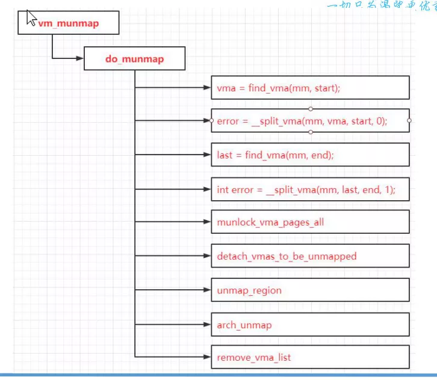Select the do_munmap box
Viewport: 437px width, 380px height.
tap(133, 59)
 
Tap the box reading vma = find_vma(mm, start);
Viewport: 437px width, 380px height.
tap(310, 88)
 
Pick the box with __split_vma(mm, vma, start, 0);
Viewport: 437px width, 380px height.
tap(310, 121)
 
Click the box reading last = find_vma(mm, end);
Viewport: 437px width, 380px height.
tap(310, 155)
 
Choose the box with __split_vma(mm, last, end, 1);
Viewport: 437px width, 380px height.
tap(310, 189)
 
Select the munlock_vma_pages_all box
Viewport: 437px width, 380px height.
tap(310, 222)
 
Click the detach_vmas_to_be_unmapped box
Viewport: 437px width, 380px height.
tap(310, 256)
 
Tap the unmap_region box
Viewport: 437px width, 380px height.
tap(310, 290)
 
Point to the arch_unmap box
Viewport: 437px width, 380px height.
tap(310, 325)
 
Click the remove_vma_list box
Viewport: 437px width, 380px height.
tap(310, 357)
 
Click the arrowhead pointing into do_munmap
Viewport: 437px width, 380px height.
tap(79, 58)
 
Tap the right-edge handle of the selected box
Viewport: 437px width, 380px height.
tap(409, 121)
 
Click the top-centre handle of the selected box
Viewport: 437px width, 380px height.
tap(310, 109)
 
